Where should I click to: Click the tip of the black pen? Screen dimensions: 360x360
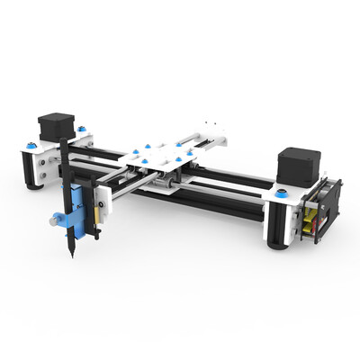pyautogui.click(x=69, y=257)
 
